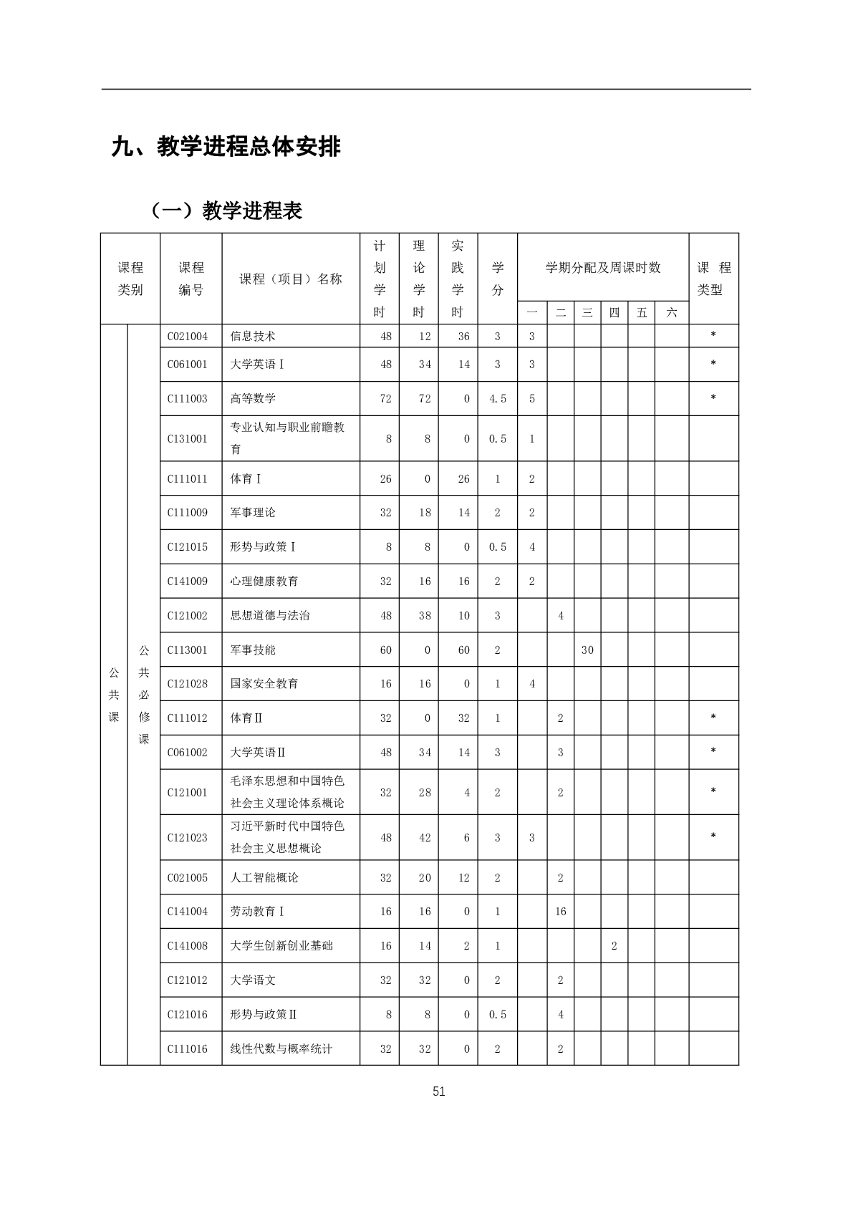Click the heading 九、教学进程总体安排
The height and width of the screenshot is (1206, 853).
tap(226, 147)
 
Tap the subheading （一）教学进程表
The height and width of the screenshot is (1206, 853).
tap(227, 211)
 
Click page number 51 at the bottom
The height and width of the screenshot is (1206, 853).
tap(439, 1091)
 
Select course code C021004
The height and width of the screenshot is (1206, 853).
tap(188, 336)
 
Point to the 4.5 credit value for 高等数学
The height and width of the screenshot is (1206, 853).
tap(498, 398)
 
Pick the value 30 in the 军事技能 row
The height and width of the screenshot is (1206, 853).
tap(587, 650)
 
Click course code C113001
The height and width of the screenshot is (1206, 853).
tap(188, 650)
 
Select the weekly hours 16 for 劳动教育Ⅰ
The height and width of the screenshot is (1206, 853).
tap(560, 912)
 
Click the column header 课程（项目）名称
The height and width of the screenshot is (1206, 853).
tap(291, 279)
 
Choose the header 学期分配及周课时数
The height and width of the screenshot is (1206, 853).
tap(603, 268)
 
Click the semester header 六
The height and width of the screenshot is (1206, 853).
tap(671, 313)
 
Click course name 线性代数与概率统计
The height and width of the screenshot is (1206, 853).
tap(281, 1048)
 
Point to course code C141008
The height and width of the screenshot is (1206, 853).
tap(188, 946)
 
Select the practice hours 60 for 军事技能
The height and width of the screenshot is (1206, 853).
tap(464, 650)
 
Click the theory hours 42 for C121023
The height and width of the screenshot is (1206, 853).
tap(425, 837)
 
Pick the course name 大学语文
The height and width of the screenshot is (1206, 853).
tap(253, 980)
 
